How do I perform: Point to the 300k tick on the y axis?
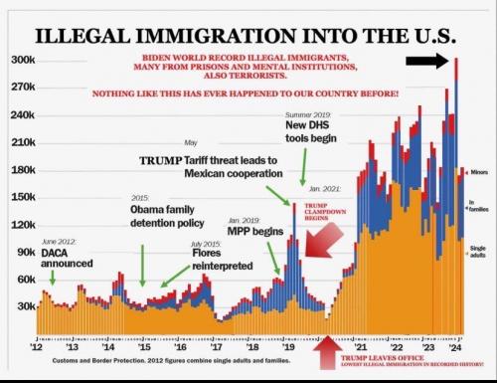pyautogui.click(x=23, y=61)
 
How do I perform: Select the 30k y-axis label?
pyautogui.click(x=25, y=306)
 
